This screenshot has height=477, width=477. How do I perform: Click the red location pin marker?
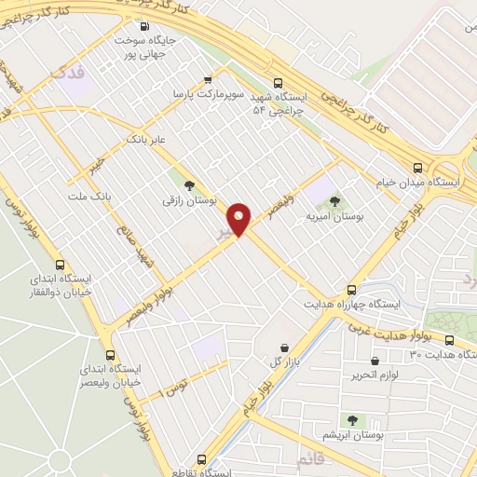240,219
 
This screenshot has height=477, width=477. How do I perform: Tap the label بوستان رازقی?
190,199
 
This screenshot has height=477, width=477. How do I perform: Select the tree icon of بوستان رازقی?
190,185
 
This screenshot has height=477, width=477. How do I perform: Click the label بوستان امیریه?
334,216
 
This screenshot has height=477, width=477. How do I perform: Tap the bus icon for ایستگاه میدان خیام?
417,169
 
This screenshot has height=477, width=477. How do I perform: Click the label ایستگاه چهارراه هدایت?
351,304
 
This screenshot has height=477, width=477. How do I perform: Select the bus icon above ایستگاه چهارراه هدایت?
351,290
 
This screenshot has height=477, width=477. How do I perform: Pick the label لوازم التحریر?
375,375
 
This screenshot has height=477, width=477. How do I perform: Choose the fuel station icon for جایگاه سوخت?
144,27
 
